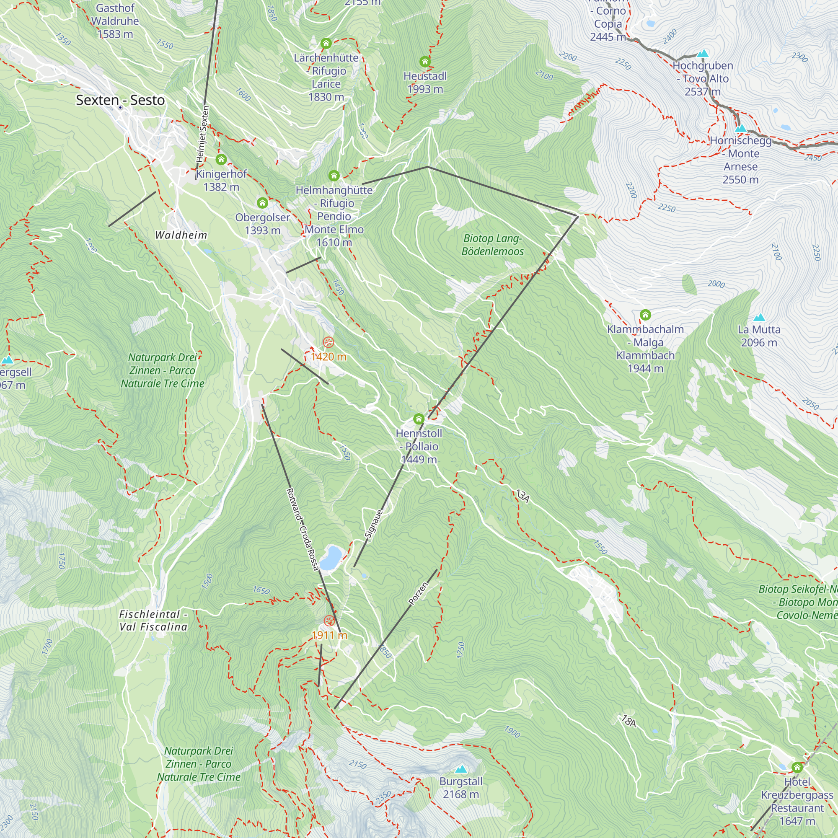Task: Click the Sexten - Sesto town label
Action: tap(120, 100)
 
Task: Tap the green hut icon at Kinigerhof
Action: tap(221, 160)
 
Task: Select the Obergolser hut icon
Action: tap(262, 203)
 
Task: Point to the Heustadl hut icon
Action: tap(425, 62)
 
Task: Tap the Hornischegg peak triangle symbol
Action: tap(741, 128)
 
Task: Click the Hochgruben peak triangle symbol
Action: tap(703, 53)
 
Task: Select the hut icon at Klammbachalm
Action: tap(645, 315)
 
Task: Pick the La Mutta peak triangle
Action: tap(759, 318)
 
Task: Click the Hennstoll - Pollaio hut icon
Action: tap(419, 419)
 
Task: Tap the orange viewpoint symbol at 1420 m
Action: tap(329, 342)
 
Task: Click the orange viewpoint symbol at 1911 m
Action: tap(329, 621)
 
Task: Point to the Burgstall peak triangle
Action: tap(460, 769)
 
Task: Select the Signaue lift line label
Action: tap(374, 524)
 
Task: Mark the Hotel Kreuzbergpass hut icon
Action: tap(797, 768)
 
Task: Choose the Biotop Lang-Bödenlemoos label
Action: tap(492, 245)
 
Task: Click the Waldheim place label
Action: tap(181, 235)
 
